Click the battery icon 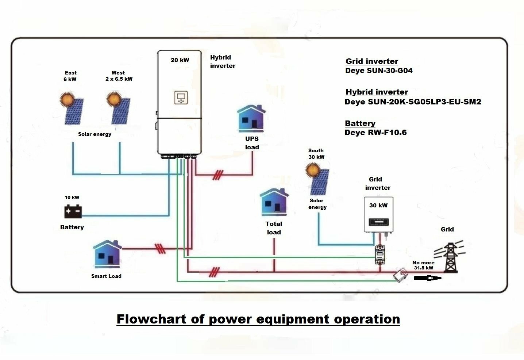coord(73,211)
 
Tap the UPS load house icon coord(251,119)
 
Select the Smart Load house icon coord(107,254)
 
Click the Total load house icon coord(274,202)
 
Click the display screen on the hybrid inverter coord(181,97)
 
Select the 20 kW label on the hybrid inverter coord(180,60)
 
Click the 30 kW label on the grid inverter coord(378,206)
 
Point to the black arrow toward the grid coord(428,278)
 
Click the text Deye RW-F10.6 coord(375,133)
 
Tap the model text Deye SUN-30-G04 coord(379,70)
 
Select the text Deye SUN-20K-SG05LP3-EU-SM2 coord(413,102)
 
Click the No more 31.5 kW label coord(423,265)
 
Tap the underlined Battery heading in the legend coord(360,123)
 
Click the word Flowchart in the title coord(151,319)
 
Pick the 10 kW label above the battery coord(72,197)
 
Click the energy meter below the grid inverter coord(380,254)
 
